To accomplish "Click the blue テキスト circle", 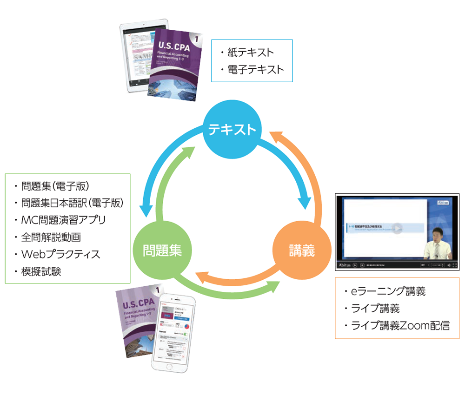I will [231, 130].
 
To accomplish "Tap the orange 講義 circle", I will [300, 251].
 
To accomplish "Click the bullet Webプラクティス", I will [60, 254].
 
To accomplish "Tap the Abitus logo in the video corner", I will [445, 203].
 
